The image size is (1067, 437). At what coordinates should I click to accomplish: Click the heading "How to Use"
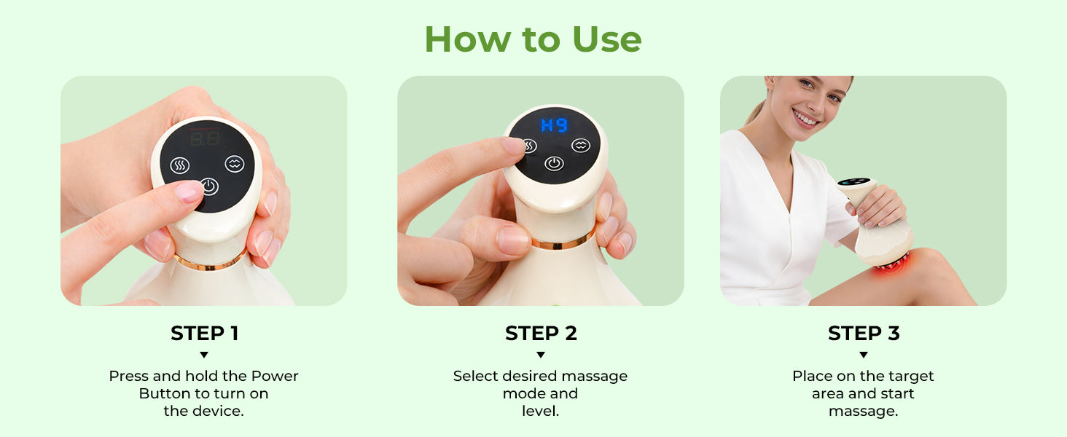(533, 39)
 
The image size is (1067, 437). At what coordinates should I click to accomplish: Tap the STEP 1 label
(204, 334)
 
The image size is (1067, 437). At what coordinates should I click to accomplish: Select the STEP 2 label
(541, 334)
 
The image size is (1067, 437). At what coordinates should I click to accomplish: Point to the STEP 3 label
(864, 334)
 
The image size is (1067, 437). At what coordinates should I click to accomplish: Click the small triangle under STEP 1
(204, 355)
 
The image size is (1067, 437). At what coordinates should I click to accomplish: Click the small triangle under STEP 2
(541, 355)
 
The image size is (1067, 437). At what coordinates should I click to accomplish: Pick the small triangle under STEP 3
(864, 355)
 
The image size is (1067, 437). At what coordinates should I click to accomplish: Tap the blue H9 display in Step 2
(555, 125)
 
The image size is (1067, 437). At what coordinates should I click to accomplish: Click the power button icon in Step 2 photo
(554, 164)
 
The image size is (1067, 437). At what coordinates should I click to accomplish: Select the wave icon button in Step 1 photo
(235, 164)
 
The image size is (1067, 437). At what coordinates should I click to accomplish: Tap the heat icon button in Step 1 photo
(179, 165)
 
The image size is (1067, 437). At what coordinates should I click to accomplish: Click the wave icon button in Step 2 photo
(581, 145)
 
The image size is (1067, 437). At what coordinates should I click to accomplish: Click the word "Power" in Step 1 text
(275, 376)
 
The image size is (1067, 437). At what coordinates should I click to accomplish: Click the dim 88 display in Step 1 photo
(205, 139)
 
